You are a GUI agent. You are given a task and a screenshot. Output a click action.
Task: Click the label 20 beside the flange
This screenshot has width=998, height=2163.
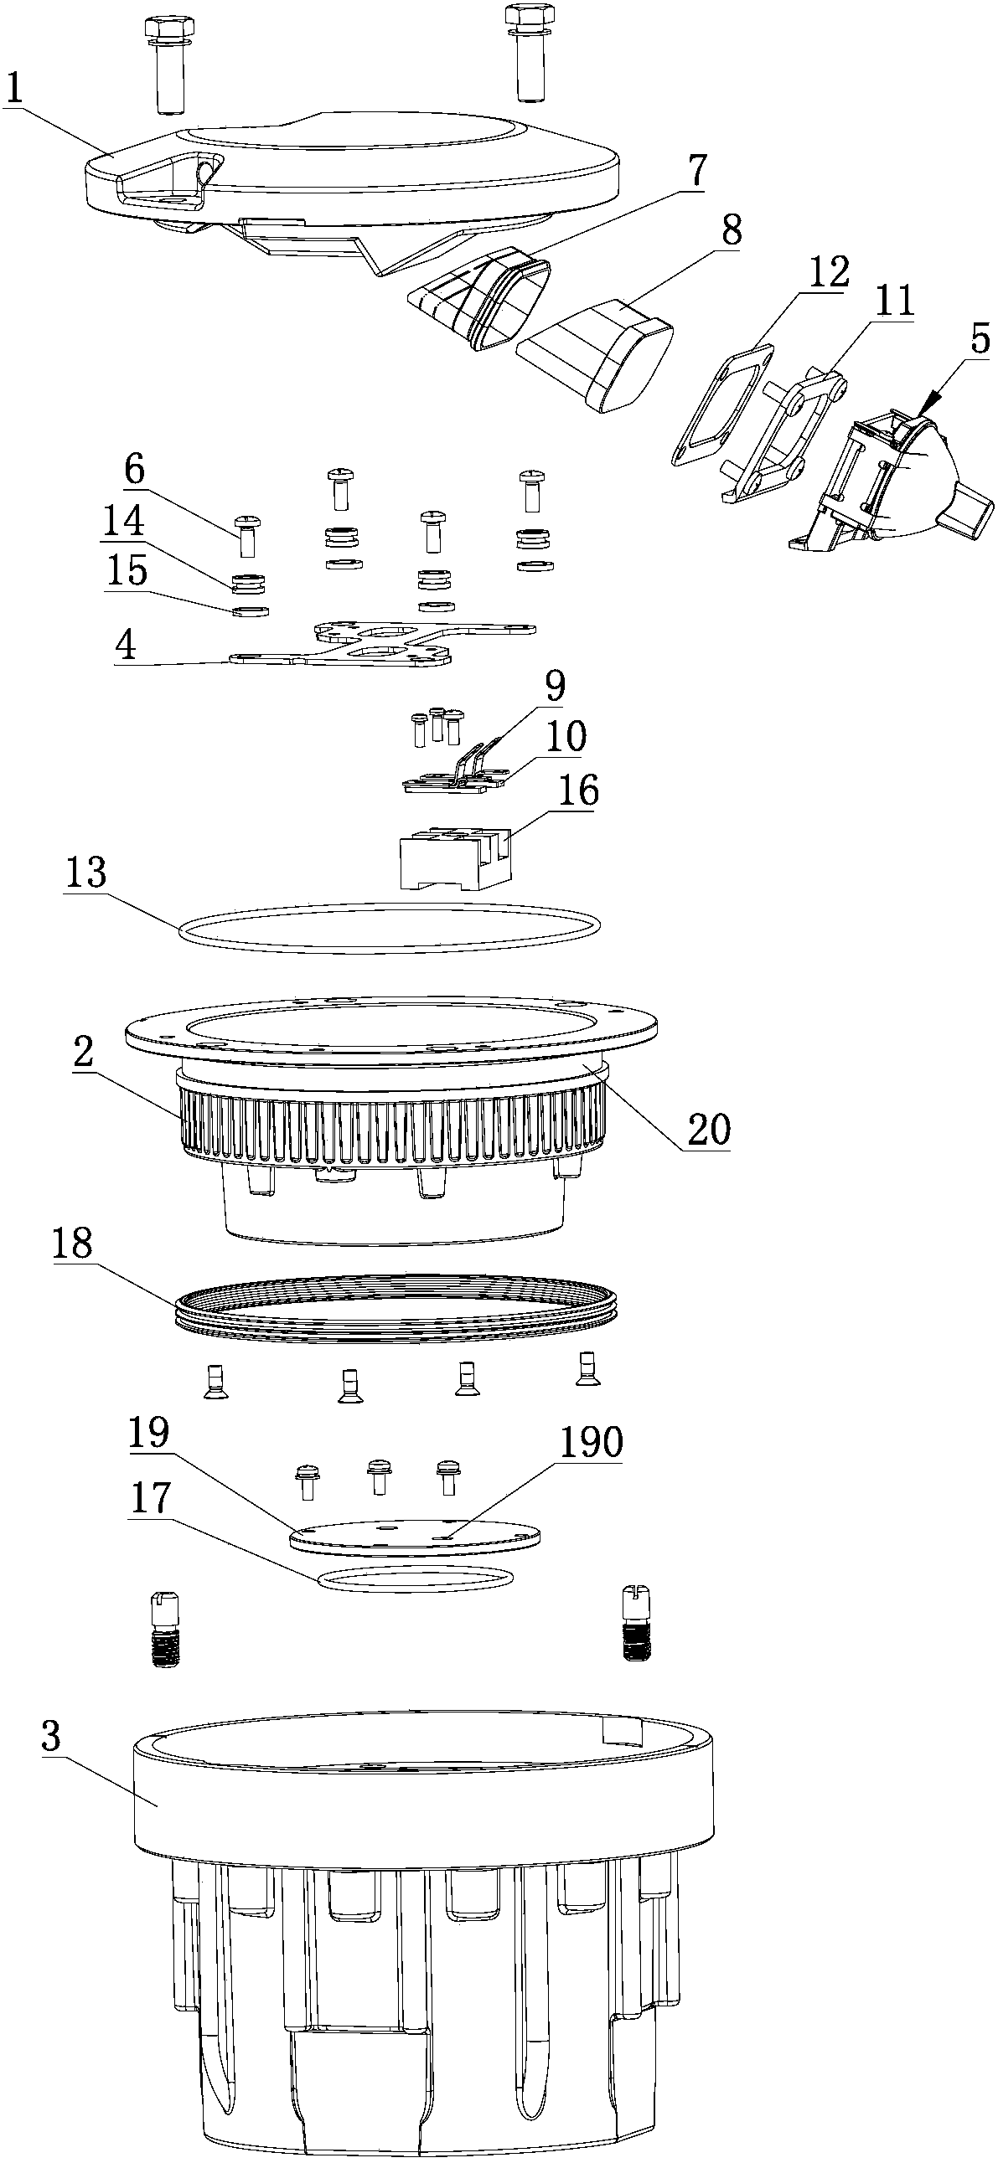pyautogui.click(x=708, y=1130)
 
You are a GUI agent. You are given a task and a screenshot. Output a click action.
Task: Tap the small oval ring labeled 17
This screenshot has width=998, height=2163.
pyautogui.click(x=416, y=1578)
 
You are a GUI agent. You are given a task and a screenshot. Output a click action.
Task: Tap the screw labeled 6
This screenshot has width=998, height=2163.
pyautogui.click(x=248, y=535)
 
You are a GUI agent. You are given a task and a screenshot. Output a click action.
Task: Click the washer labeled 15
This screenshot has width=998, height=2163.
pyautogui.click(x=251, y=612)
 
